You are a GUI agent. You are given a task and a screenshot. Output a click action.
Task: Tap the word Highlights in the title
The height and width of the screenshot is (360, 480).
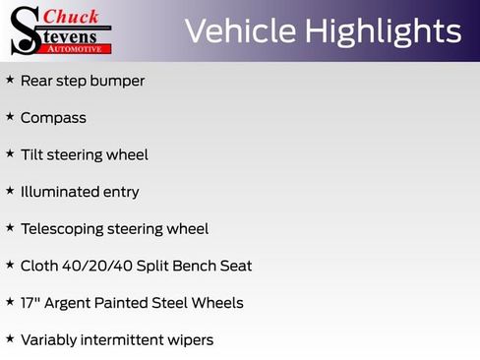pos(384,31)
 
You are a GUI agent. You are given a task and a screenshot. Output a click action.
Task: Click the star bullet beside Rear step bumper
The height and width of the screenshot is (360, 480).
pos(10,80)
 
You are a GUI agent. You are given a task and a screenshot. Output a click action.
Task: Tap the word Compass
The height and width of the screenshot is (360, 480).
pos(53,118)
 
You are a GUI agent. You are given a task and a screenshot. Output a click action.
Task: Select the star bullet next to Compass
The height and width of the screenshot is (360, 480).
pos(10,117)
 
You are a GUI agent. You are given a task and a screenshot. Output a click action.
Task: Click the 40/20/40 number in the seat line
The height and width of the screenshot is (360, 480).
pos(90,266)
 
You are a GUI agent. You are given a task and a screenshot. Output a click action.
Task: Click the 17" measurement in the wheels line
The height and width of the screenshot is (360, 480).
pos(30,302)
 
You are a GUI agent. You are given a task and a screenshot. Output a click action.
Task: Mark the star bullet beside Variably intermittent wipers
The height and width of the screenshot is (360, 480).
pos(10,338)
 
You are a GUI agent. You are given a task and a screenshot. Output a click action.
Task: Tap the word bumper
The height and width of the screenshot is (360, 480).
pos(118,81)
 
